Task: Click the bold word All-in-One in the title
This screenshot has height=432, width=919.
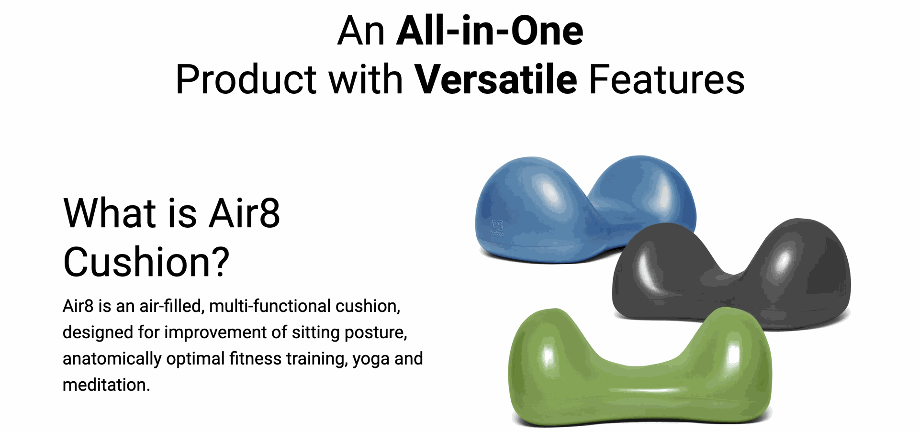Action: tap(490, 31)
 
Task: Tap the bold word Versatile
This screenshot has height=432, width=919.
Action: tap(496, 79)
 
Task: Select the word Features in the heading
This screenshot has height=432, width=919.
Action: tap(667, 79)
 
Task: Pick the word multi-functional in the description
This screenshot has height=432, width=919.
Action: tap(269, 306)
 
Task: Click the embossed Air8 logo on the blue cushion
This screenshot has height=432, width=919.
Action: tap(497, 228)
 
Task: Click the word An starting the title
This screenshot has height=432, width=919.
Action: tap(361, 31)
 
